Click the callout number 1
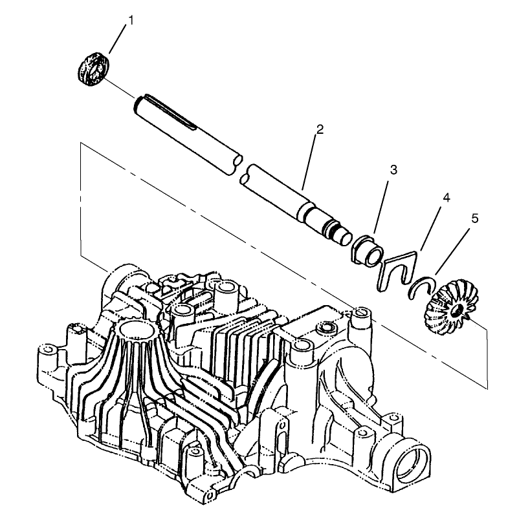pyautogui.click(x=131, y=20)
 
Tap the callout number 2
pyautogui.click(x=320, y=129)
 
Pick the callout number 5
pyautogui.click(x=476, y=219)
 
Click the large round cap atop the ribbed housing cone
pyautogui.click(x=135, y=330)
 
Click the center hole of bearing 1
pyautogui.click(x=94, y=69)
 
